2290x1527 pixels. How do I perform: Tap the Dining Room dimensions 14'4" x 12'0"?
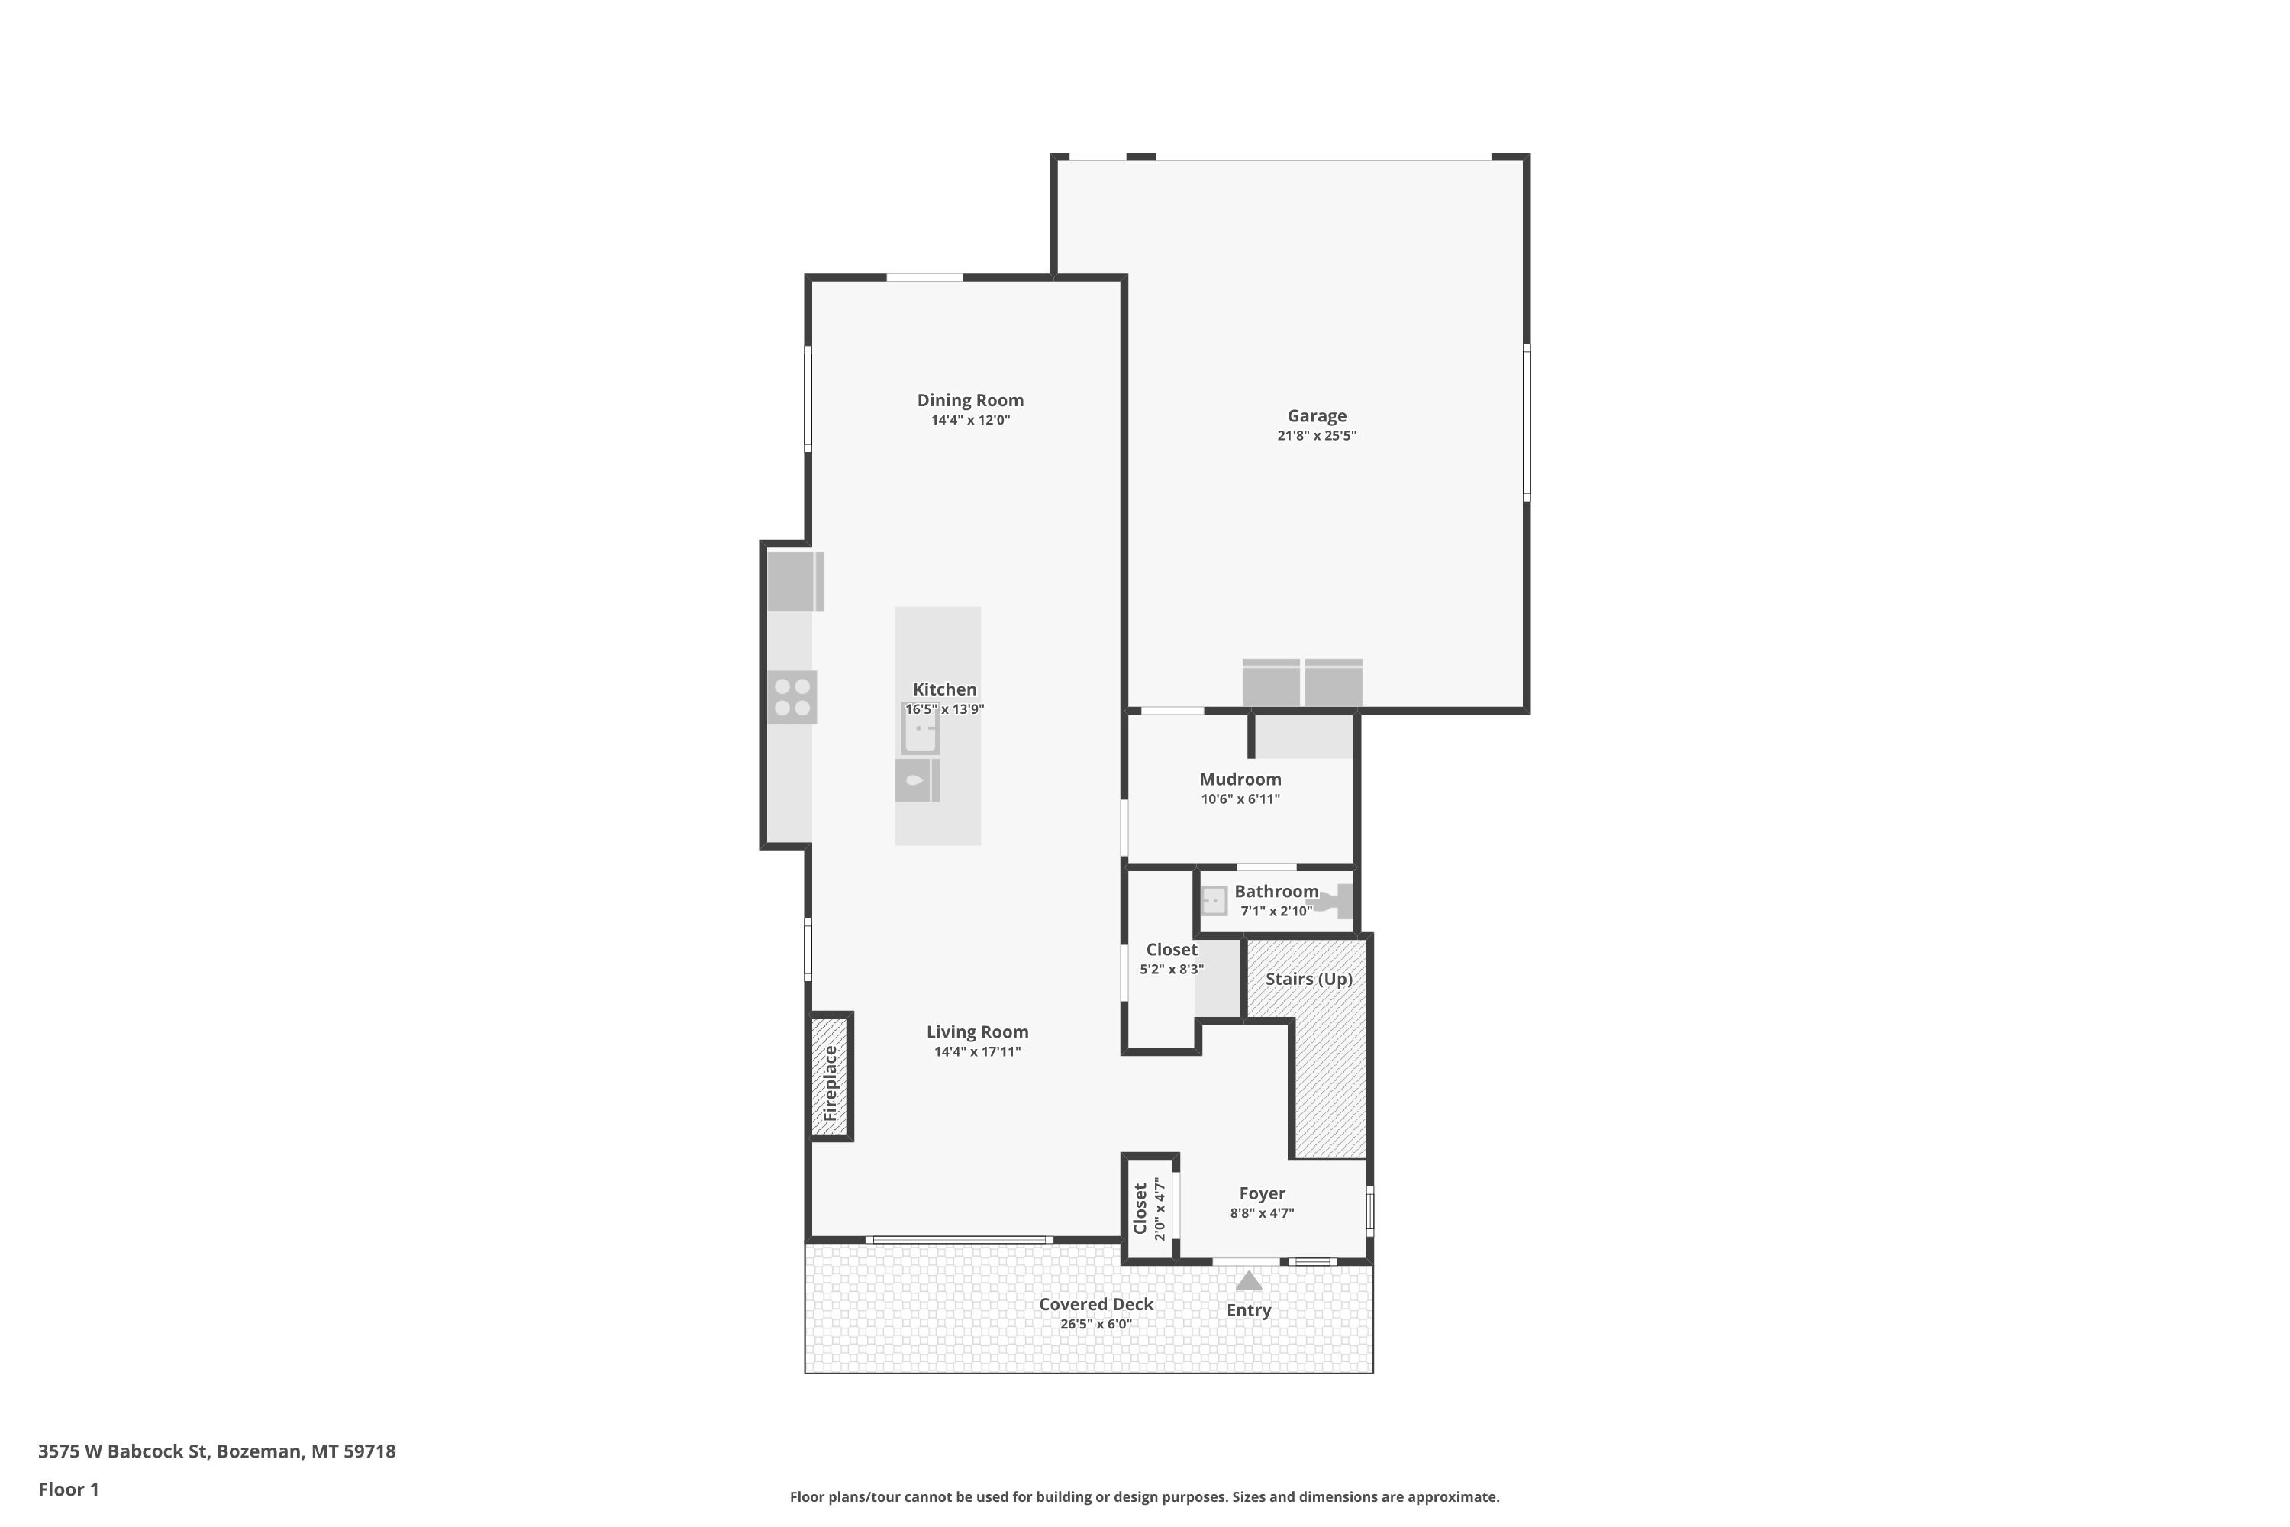pos(971,421)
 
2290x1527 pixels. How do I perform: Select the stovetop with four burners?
pos(792,697)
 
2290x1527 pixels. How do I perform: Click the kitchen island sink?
pos(920,728)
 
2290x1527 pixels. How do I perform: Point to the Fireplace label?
pos(831,1083)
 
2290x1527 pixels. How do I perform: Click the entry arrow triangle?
pos(1248,1280)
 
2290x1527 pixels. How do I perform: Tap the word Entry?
pos(1248,1311)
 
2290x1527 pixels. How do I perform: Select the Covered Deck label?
pos(1095,1304)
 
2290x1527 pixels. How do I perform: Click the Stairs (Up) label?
pos(1308,979)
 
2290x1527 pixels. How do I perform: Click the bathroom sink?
pos(1214,901)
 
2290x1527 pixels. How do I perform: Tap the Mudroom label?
pos(1240,779)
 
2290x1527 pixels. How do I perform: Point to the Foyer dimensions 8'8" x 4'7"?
pos(1262,1213)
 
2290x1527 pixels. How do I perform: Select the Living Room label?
pos(978,1031)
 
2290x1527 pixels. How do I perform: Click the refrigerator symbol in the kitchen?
pos(795,581)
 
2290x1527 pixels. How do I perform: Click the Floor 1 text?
pos(69,1489)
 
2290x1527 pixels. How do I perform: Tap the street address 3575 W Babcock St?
pos(123,1451)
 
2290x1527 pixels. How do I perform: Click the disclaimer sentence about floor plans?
pos(1144,1496)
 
